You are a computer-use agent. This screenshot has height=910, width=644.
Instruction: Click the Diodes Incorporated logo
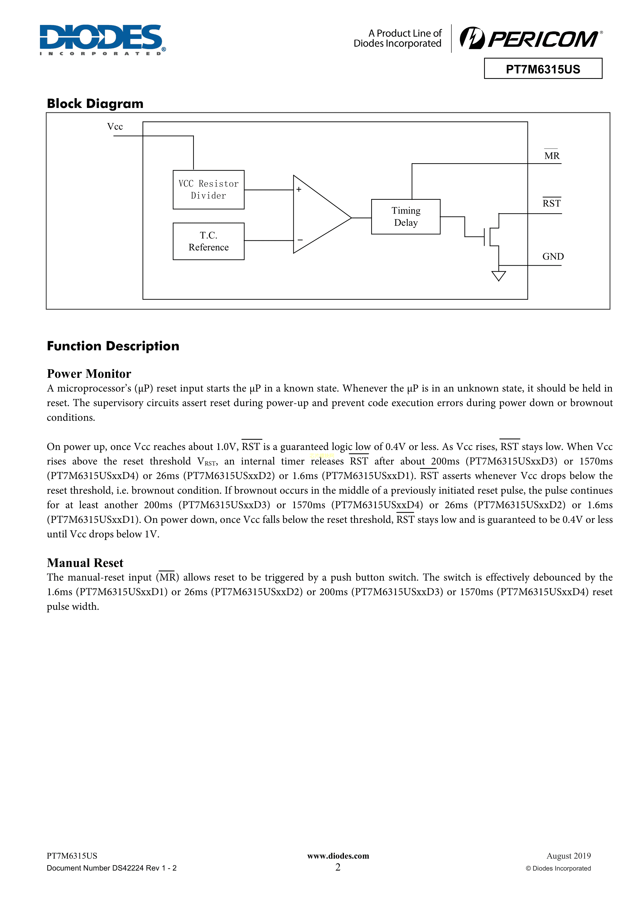coord(102,40)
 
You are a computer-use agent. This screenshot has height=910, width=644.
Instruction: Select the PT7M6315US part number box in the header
coord(543,69)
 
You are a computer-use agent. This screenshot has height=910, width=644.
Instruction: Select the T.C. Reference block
coord(209,241)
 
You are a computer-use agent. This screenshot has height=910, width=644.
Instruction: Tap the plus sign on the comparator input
coord(299,189)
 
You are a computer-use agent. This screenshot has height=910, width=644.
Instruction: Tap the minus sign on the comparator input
coord(300,240)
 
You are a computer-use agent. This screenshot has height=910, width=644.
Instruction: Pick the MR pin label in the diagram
coord(552,156)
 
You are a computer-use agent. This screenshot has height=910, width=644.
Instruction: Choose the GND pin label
coord(553,256)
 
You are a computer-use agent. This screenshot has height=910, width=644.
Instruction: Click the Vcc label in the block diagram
coord(115,126)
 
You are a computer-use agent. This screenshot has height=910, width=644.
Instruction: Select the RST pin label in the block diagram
coord(552,203)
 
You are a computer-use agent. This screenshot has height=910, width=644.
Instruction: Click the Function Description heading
coord(113,346)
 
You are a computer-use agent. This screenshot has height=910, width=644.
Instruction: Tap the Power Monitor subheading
coord(89,373)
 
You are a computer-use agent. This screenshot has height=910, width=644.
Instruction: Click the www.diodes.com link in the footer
coord(338,856)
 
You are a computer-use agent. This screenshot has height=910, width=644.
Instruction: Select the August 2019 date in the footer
coord(568,856)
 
